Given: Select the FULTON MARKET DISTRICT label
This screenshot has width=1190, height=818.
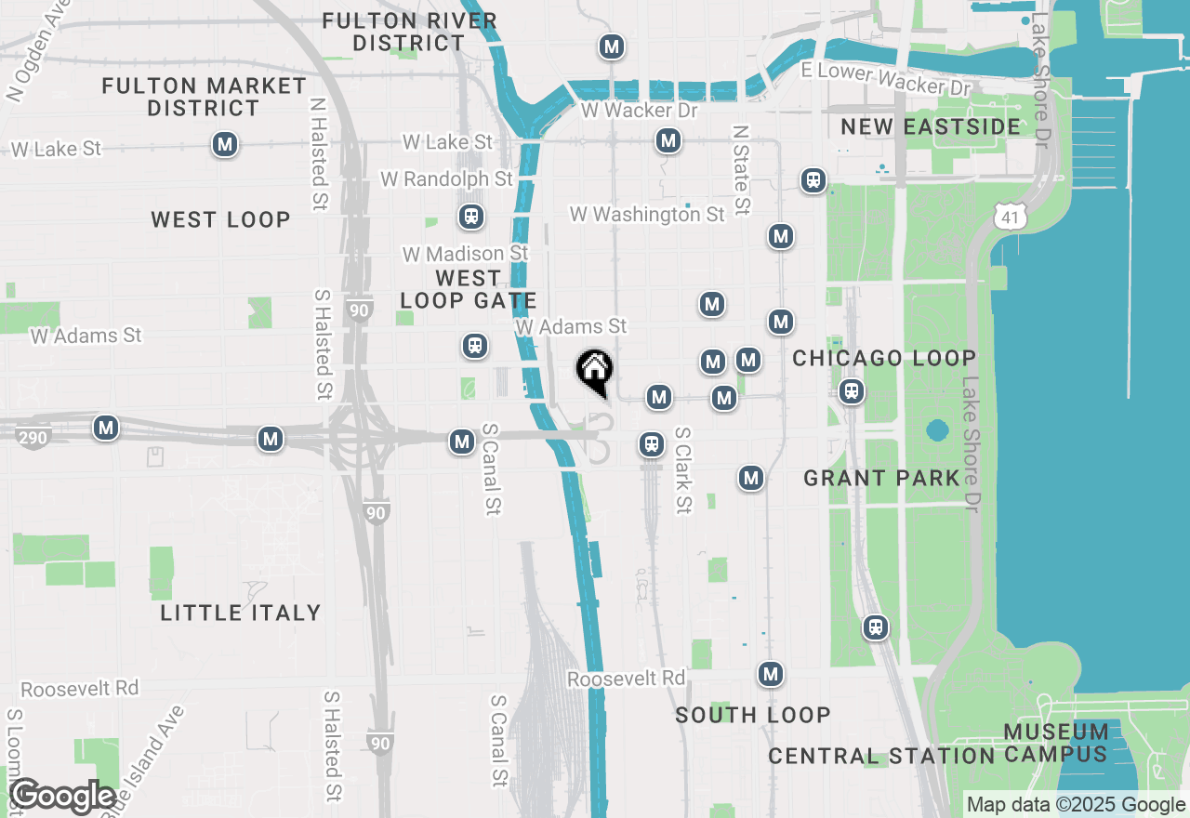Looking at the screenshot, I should point(204,97).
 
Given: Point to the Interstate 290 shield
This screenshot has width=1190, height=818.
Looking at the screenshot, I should point(33,437).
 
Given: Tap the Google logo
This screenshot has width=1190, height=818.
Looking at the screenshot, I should point(62,797).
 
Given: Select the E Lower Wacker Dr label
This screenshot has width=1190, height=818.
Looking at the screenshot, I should point(885,77).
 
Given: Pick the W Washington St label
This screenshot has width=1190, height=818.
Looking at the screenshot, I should point(647,215).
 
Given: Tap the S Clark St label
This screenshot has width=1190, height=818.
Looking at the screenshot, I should point(683,470).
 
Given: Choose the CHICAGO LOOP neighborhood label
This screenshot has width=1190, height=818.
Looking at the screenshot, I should point(884,358).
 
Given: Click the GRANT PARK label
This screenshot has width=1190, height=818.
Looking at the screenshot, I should point(881,478).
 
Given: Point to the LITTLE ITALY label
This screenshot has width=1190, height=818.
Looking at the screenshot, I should point(241,613).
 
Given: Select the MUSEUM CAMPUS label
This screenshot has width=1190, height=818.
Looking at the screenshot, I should point(1056,743).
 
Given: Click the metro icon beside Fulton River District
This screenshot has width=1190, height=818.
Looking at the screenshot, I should point(611,46).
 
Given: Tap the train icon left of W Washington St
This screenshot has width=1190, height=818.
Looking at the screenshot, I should point(470,217).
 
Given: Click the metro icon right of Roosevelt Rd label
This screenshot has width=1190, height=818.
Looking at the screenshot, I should point(770,674).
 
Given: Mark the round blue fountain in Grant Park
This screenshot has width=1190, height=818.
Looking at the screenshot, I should point(937,431).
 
